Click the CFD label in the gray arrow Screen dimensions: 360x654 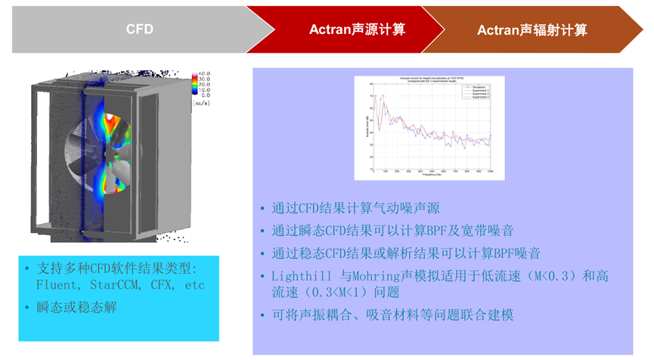(x=138, y=29)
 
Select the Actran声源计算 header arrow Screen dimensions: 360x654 (x=357, y=29)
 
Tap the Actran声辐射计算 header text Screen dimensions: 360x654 (x=532, y=30)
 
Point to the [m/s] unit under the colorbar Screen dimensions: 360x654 (x=202, y=101)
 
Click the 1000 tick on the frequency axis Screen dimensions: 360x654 (x=490, y=171)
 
